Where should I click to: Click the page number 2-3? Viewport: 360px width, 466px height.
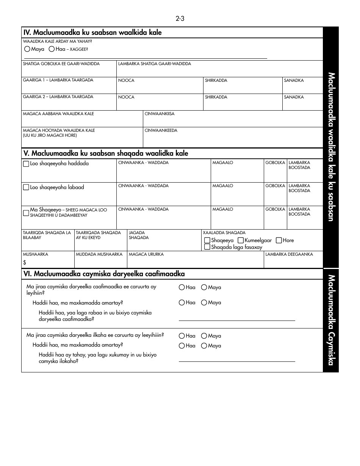click(180, 19)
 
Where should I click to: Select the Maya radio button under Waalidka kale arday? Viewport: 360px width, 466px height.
click(27, 49)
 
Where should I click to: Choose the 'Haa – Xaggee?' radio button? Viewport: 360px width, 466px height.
click(52, 49)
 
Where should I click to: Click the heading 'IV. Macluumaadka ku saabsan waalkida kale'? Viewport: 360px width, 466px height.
click(92, 33)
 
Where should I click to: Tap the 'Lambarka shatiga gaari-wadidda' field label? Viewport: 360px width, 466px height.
click(155, 64)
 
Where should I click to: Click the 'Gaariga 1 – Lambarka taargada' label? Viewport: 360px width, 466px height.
click(58, 80)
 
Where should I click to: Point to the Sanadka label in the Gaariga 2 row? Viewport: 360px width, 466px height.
click(294, 97)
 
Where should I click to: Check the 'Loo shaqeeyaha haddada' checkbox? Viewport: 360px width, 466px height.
click(26, 164)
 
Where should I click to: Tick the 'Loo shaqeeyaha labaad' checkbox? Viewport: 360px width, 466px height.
click(26, 187)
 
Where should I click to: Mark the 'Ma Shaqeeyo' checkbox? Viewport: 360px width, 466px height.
click(26, 213)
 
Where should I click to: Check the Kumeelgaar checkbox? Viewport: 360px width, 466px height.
click(241, 240)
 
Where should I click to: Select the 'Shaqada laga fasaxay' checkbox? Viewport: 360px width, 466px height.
click(207, 247)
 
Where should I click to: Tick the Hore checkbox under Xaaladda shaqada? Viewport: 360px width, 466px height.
click(279, 240)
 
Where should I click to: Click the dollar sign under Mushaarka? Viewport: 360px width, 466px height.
click(25, 262)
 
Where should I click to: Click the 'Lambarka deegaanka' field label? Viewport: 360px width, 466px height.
click(289, 254)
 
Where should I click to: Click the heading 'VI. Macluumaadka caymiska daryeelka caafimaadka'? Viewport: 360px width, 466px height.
click(104, 274)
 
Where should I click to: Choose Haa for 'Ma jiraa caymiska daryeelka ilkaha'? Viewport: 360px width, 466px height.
click(182, 336)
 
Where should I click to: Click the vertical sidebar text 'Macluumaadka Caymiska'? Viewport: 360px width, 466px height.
click(331, 320)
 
